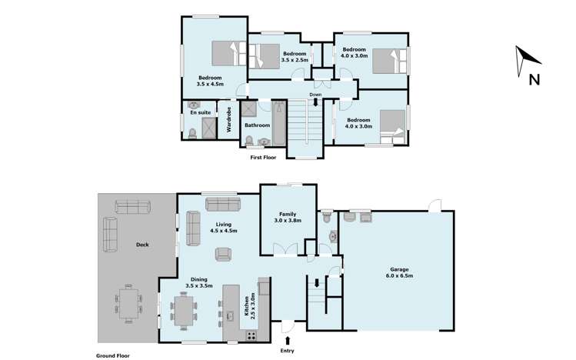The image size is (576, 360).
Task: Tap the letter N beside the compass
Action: point(534,78)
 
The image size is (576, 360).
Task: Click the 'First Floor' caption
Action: point(264,158)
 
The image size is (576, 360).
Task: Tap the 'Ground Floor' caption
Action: point(112,355)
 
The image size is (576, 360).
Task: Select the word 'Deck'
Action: point(143,245)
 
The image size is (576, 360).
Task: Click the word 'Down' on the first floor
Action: point(315,95)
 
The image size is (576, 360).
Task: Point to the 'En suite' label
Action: point(201,112)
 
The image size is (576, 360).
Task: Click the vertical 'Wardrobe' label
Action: point(229,118)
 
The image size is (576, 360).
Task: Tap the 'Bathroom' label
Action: point(257,125)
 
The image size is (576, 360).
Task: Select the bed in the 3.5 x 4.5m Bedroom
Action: point(228,54)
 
